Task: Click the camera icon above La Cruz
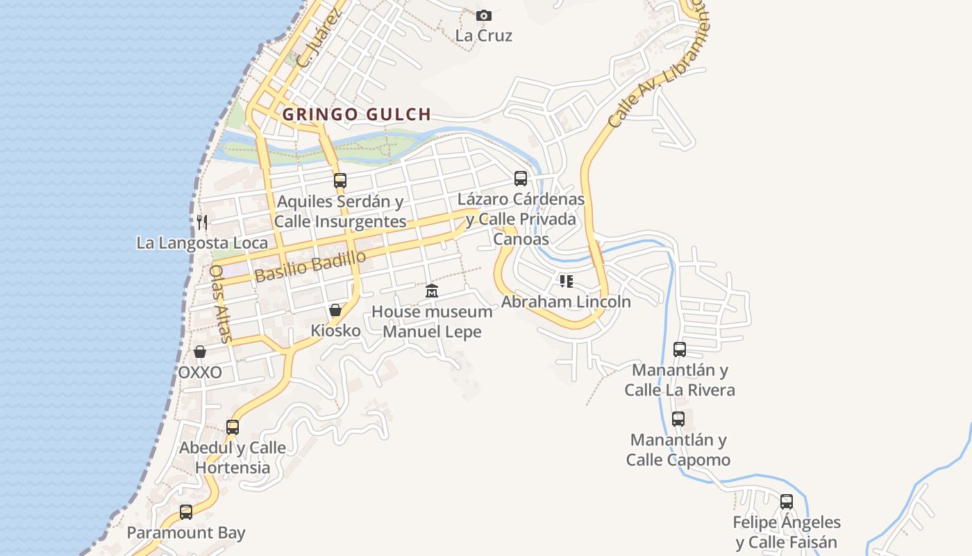[484, 15]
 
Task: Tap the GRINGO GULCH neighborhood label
[357, 114]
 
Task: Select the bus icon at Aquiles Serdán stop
[340, 180]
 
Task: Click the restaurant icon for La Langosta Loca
[202, 222]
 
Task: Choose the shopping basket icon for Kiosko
[335, 310]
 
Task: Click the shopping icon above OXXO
[200, 352]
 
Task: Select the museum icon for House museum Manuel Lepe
[432, 291]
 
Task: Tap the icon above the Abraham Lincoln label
[567, 281]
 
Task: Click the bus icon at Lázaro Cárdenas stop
[521, 179]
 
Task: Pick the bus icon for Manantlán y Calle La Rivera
[680, 349]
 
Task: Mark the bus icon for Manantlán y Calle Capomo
[678, 419]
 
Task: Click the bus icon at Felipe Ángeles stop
[787, 501]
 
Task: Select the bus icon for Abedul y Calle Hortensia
[233, 427]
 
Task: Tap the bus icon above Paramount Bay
[186, 512]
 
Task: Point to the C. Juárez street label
[319, 41]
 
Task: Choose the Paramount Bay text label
[186, 533]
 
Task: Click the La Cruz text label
[484, 35]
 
